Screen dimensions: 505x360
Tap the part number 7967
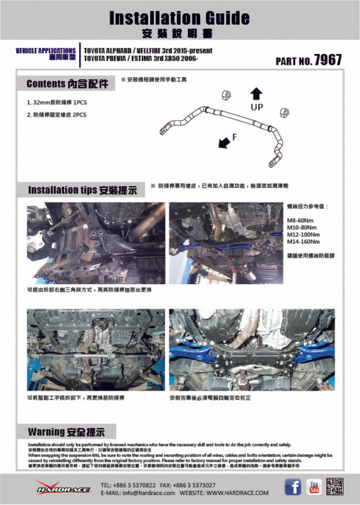tap(328, 60)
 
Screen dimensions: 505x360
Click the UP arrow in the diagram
tap(257, 94)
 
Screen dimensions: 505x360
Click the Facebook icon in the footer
tap(292, 487)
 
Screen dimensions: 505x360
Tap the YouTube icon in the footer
tap(314, 487)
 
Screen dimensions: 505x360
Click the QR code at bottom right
tap(335, 487)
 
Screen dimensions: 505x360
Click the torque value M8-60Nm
tap(299, 220)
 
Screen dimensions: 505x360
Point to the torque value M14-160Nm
tap(303, 242)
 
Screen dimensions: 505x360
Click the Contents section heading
tap(66, 84)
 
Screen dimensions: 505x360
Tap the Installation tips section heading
tap(82, 190)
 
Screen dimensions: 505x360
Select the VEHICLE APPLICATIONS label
tap(45, 51)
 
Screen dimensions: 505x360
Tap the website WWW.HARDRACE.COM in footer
tap(237, 493)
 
